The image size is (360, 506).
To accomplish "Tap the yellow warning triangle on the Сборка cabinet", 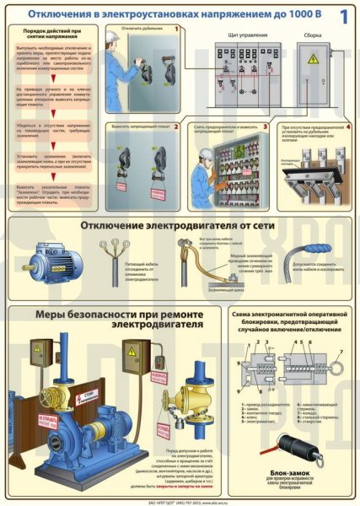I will pos(313,60).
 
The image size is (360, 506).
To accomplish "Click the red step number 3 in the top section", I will pos(264,127).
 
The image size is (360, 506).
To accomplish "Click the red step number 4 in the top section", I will pos(347,127).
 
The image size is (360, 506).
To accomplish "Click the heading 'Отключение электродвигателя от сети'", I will pos(185,225).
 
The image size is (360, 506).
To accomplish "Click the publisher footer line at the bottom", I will pos(180,500).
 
